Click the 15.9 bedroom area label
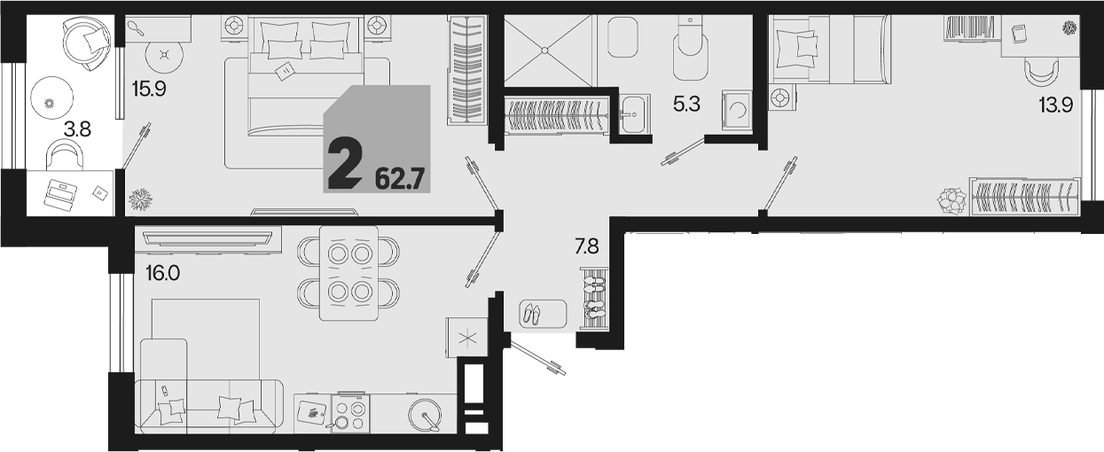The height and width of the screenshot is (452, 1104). point(149,89)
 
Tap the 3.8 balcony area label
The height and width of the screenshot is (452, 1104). point(78,129)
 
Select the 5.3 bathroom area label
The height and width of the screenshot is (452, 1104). point(686,104)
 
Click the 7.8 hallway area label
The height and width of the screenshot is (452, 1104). point(587,245)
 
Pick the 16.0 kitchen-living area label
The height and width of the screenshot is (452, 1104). point(162,273)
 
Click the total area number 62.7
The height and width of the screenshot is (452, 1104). point(400,179)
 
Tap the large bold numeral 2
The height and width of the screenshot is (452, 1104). point(344,163)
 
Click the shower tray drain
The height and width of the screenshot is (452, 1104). point(544,51)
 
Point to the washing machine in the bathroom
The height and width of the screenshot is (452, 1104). point(737,110)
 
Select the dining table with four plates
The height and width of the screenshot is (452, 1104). point(349,273)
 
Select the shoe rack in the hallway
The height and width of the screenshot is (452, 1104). point(595,300)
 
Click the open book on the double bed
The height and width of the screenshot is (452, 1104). point(285,72)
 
